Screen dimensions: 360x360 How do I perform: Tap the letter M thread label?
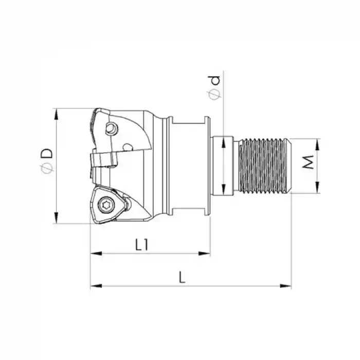(x=308, y=164)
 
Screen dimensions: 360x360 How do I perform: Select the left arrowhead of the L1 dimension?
(x=95, y=253)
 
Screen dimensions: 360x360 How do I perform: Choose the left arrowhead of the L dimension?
(x=95, y=285)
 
